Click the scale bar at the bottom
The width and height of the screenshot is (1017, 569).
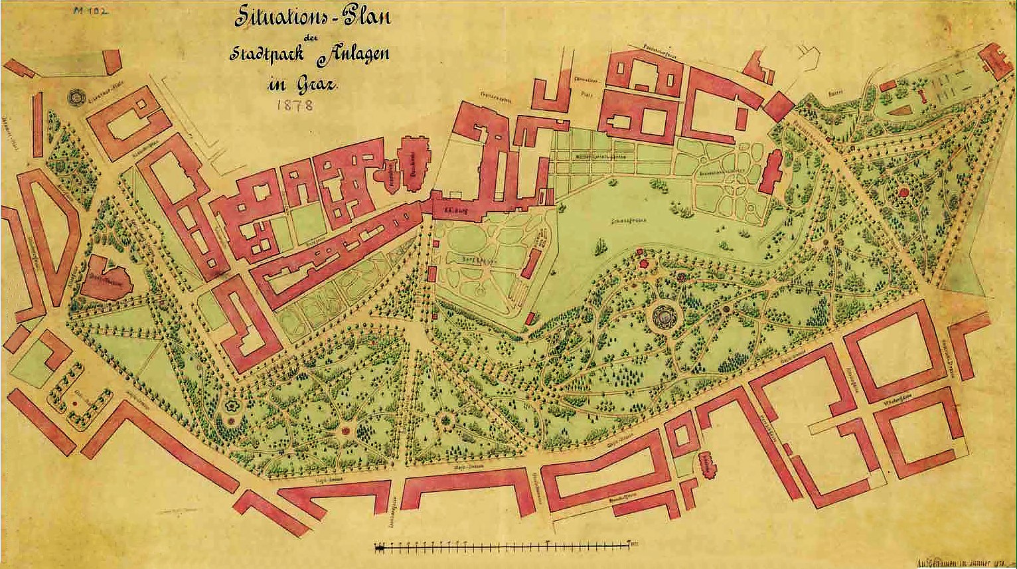505,546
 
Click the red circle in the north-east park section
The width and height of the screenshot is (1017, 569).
903,193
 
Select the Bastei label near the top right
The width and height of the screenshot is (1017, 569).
835,92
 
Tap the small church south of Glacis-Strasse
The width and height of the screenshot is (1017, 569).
708,465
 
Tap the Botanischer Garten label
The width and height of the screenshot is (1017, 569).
716,171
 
